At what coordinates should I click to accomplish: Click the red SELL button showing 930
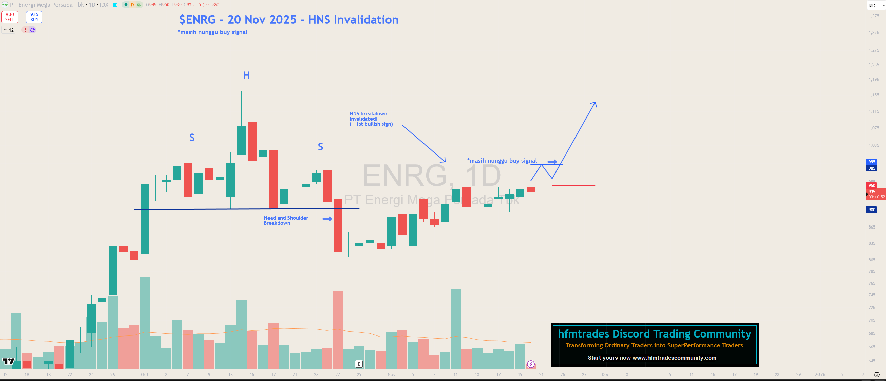click(x=10, y=17)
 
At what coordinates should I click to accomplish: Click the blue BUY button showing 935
click(x=34, y=17)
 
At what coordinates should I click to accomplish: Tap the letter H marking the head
click(x=246, y=75)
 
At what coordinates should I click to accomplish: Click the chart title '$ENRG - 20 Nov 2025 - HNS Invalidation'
click(x=288, y=20)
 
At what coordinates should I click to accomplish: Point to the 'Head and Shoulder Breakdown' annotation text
click(x=285, y=220)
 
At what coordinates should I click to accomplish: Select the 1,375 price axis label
click(x=874, y=16)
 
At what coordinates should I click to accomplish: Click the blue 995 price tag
click(x=871, y=162)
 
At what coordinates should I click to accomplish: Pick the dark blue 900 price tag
click(x=871, y=210)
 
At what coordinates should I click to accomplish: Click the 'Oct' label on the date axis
click(x=145, y=375)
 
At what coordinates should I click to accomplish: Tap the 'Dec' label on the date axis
click(x=605, y=375)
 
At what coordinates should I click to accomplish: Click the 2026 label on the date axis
click(x=820, y=375)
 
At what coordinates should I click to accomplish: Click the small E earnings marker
click(x=359, y=364)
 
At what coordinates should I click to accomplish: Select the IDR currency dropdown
click(x=876, y=5)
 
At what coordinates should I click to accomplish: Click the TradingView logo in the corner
click(x=8, y=361)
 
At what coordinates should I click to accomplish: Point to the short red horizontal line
click(x=573, y=185)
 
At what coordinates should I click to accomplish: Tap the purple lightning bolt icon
click(x=531, y=364)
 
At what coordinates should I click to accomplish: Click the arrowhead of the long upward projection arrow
click(x=595, y=103)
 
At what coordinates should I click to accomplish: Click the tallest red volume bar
click(x=337, y=330)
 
